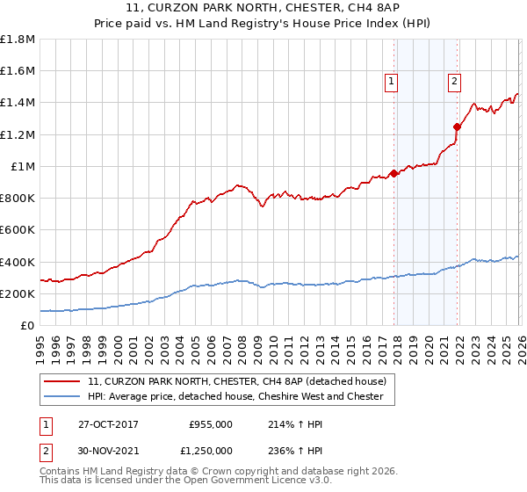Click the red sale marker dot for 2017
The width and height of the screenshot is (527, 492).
coord(393,173)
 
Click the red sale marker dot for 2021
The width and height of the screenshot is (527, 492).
coord(457,127)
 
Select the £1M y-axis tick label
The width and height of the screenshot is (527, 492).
coord(23,166)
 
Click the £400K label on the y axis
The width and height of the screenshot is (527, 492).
coord(18,262)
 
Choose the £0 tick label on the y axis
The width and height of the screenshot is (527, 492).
coord(27,325)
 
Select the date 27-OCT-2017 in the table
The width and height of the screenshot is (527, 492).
coord(107,424)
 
